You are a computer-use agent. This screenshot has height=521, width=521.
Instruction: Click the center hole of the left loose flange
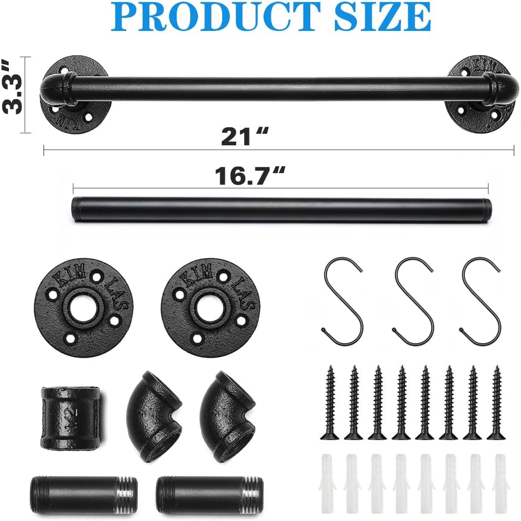point(83,309)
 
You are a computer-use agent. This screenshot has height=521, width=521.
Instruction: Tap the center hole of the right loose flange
point(210,309)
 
